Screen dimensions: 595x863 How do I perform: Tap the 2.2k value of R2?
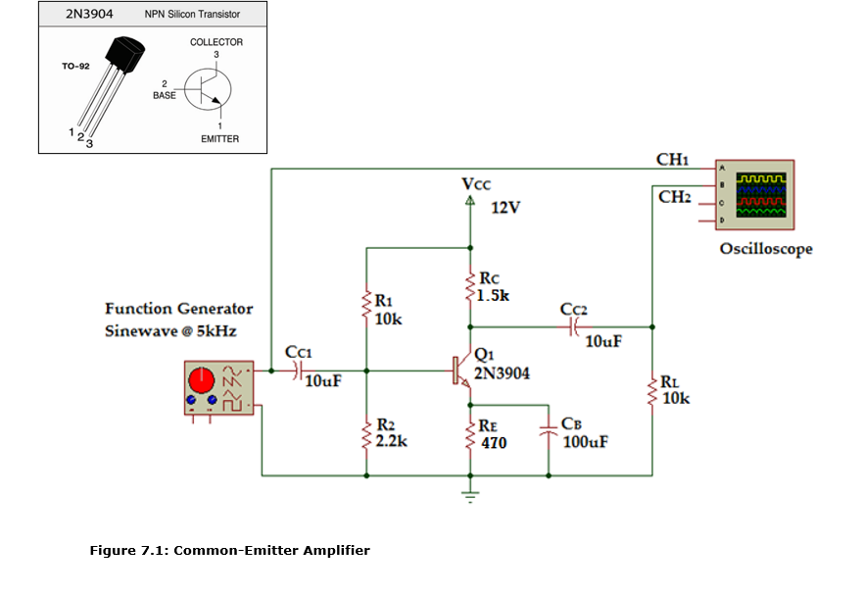coord(391,441)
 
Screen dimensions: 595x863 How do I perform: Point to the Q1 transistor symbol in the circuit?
coord(460,372)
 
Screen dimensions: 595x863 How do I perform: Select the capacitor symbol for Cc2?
coord(575,326)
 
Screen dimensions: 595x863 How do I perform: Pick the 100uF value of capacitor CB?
coord(585,442)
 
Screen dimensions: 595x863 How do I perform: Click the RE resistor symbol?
coord(471,432)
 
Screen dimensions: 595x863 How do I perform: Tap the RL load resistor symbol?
coord(652,390)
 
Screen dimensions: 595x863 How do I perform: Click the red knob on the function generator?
coord(203,378)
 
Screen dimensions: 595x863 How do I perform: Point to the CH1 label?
coord(673,159)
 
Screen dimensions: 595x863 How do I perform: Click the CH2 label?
coord(675,197)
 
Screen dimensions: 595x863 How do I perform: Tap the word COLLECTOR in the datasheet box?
coord(216,42)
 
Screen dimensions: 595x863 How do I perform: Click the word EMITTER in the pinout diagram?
coord(219,138)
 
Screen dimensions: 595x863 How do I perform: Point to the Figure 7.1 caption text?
coord(229,550)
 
